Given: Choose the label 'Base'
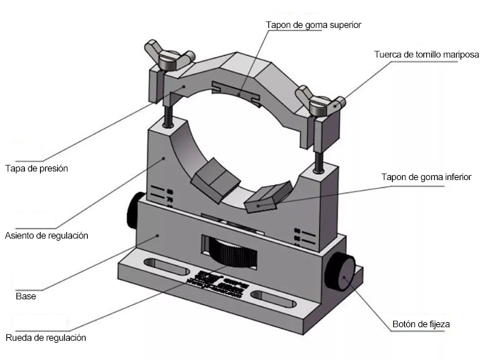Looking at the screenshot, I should pyautogui.click(x=26, y=295).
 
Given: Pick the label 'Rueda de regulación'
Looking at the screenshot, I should pyautogui.click(x=44, y=337).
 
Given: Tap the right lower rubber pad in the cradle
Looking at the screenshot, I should pyautogui.click(x=266, y=199).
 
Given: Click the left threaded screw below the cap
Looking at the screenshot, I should pyautogui.click(x=166, y=113).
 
